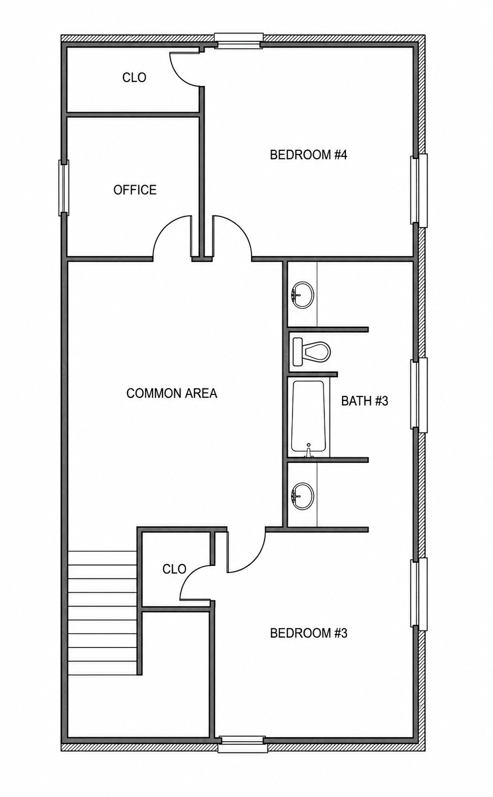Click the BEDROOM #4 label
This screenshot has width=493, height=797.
pyautogui.click(x=308, y=155)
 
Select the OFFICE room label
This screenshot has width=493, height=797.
pyautogui.click(x=135, y=189)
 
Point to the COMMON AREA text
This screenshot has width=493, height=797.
pyautogui.click(x=172, y=393)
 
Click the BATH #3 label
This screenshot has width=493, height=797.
pyautogui.click(x=364, y=401)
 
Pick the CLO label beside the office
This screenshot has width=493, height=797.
pyautogui.click(x=134, y=77)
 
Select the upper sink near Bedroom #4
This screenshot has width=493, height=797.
pyautogui.click(x=302, y=295)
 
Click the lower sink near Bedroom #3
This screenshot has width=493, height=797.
pyautogui.click(x=302, y=496)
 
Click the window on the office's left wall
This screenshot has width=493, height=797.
pyautogui.click(x=64, y=188)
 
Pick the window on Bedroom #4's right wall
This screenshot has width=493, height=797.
pyautogui.click(x=419, y=190)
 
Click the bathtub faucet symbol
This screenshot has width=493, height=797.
pyautogui.click(x=308, y=451)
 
